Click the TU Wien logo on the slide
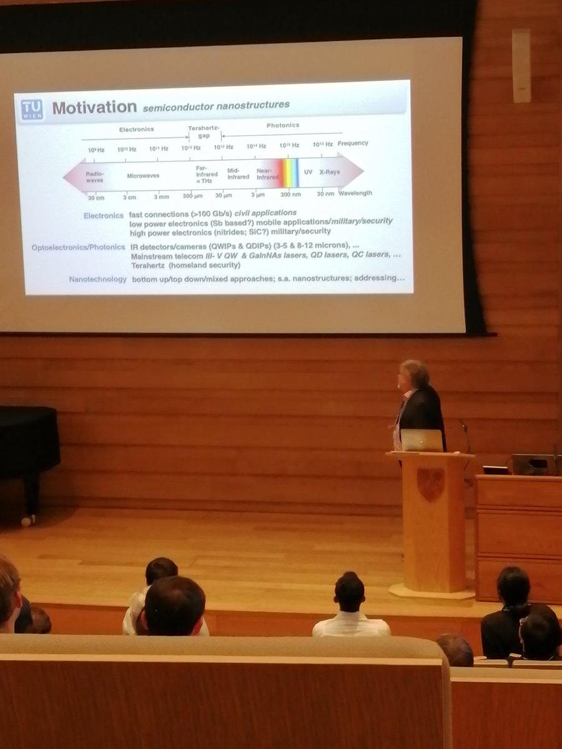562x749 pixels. (33, 110)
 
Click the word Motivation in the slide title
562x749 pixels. (94, 107)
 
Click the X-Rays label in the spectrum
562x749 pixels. (330, 172)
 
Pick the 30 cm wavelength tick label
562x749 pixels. (96, 198)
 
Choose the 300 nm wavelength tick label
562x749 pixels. (290, 194)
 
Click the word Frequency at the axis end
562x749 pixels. (353, 143)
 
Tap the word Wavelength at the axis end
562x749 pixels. (355, 193)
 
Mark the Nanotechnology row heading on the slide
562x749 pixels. (97, 279)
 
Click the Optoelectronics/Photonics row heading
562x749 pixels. (78, 247)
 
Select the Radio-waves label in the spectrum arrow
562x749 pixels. (95, 177)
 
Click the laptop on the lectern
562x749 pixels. (421, 440)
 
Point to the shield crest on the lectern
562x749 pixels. (430, 484)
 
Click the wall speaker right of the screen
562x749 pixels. (521, 65)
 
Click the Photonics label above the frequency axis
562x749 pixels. (282, 125)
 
